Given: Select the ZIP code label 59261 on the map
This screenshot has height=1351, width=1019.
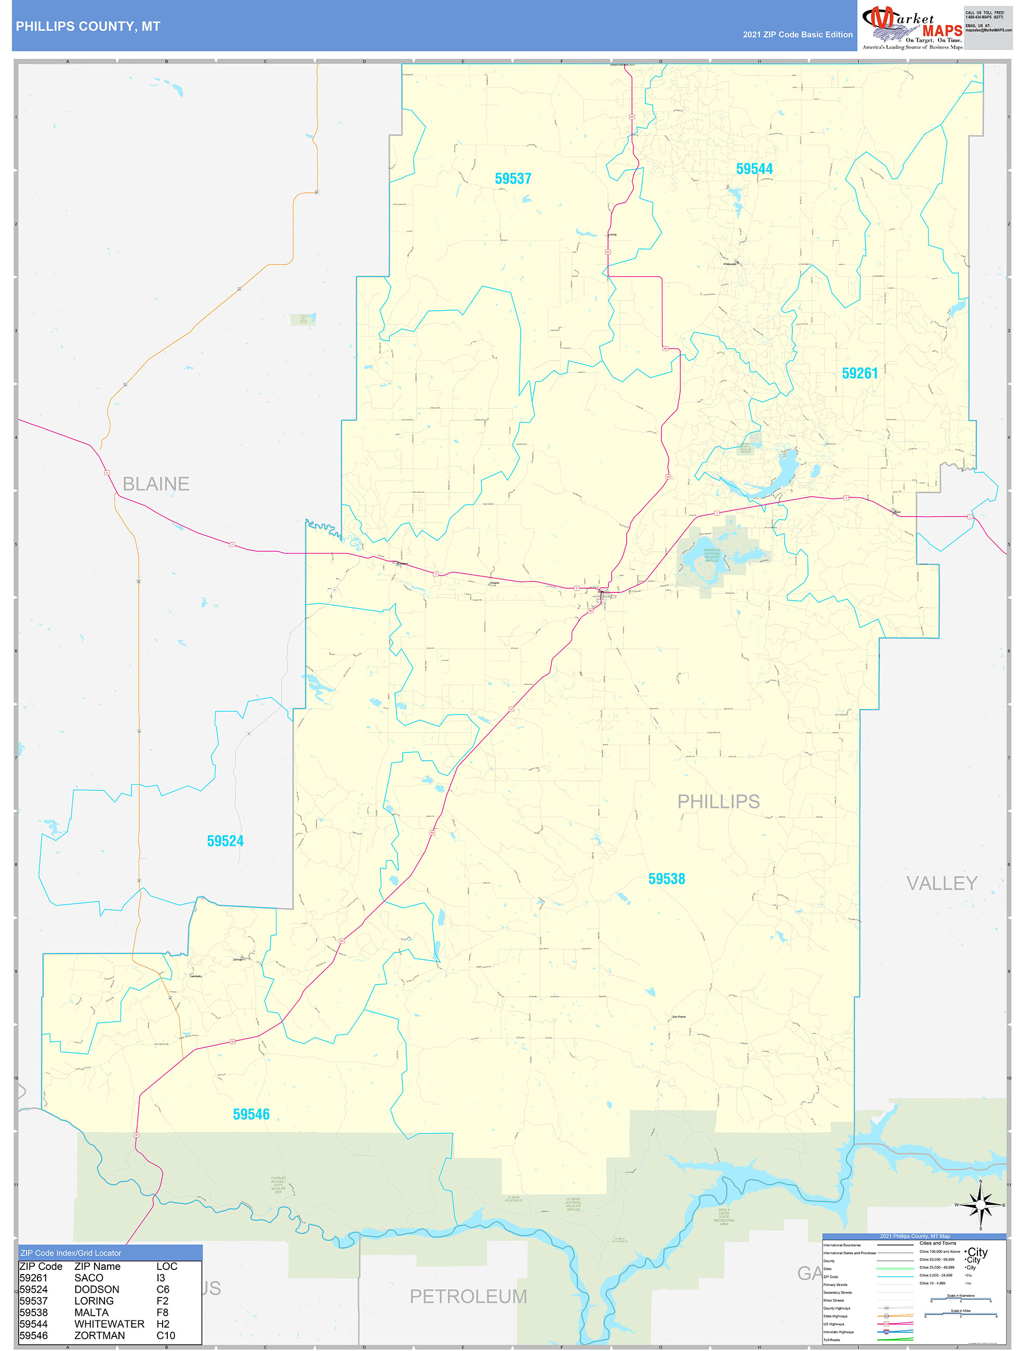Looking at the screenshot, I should [859, 373].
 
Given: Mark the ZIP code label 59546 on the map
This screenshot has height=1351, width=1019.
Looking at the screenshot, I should [251, 1114].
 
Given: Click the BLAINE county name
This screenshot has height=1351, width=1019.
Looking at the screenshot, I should [156, 484].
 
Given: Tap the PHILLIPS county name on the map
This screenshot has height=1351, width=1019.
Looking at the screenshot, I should [719, 801].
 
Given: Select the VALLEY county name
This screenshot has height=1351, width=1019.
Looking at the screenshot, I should [942, 883].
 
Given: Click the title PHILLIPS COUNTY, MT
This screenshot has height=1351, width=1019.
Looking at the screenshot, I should [88, 27].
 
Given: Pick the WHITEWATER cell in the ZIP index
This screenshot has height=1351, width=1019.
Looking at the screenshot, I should [109, 1323].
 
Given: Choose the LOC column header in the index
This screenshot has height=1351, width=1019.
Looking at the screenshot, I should [167, 1266].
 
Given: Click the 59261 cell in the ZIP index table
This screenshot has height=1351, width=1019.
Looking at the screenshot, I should [34, 1278].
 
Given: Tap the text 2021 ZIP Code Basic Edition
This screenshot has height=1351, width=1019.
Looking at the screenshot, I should [797, 35].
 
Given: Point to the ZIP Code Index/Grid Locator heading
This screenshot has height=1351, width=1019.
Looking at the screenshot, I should [71, 1253].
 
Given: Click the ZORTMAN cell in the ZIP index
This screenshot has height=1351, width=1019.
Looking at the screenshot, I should [100, 1335].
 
